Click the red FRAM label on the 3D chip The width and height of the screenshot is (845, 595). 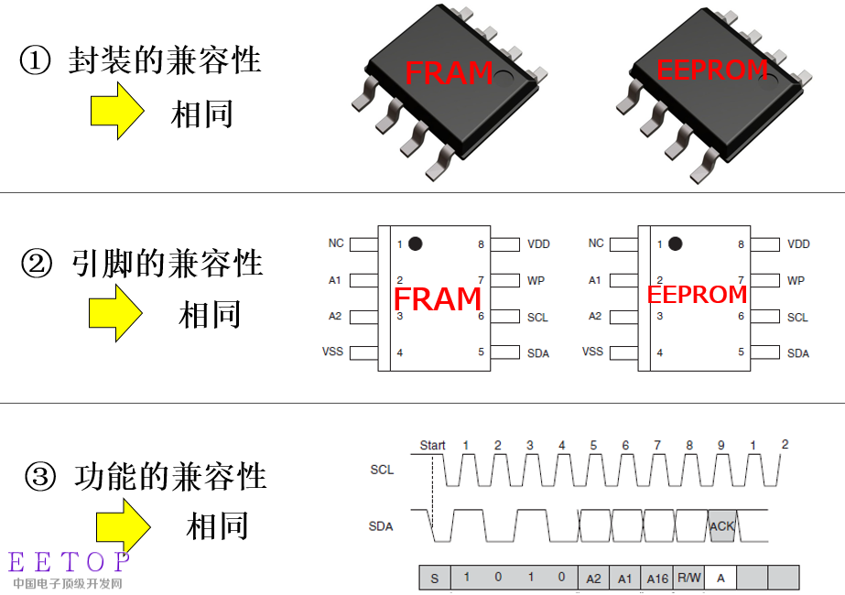pyautogui.click(x=449, y=72)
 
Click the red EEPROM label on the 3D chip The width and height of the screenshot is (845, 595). pyautogui.click(x=712, y=70)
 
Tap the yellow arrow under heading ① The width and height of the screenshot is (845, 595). pyautogui.click(x=117, y=111)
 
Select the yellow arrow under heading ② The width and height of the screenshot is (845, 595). pyautogui.click(x=115, y=313)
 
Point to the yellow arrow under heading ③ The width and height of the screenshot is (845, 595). pyautogui.click(x=124, y=527)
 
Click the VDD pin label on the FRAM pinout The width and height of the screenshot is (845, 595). pyautogui.click(x=538, y=244)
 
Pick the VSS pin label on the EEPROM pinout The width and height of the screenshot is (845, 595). pyautogui.click(x=592, y=352)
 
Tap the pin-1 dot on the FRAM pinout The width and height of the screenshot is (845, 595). pyautogui.click(x=415, y=243)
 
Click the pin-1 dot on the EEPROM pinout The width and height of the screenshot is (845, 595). pyautogui.click(x=676, y=243)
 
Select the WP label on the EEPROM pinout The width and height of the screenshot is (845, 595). pyautogui.click(x=796, y=280)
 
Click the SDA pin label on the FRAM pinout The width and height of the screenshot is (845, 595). pyautogui.click(x=537, y=353)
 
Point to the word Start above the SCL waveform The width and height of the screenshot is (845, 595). pyautogui.click(x=432, y=445)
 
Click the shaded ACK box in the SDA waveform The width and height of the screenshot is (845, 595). pyautogui.click(x=722, y=526)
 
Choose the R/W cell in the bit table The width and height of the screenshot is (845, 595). pyautogui.click(x=688, y=578)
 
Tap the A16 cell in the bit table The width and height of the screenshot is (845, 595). pyautogui.click(x=657, y=579)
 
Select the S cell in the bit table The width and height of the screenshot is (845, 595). pyautogui.click(x=435, y=579)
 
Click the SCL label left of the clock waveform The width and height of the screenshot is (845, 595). pyautogui.click(x=382, y=470)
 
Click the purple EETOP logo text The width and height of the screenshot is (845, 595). pyautogui.click(x=69, y=562)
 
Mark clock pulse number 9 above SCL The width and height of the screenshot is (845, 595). pyautogui.click(x=721, y=445)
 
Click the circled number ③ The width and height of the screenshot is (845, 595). pyautogui.click(x=40, y=478)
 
